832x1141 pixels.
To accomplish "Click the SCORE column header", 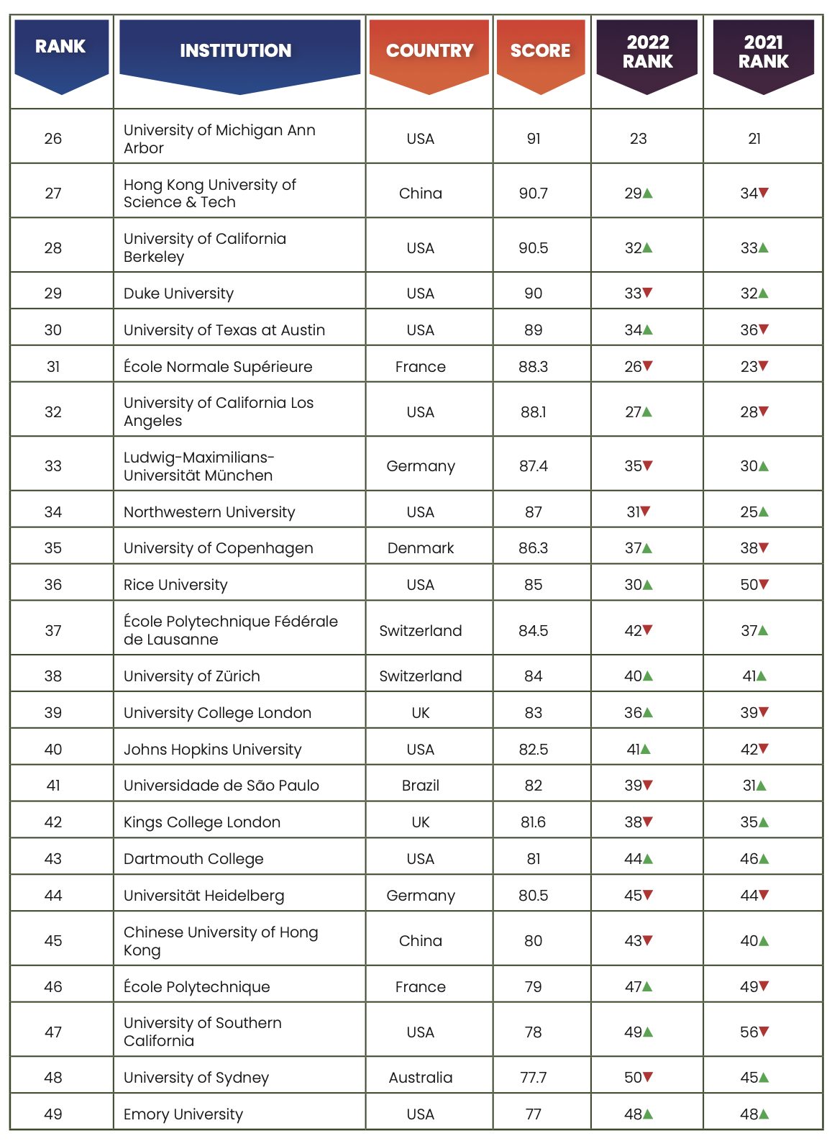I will (x=540, y=51).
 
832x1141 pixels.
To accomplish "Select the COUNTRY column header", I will (x=429, y=51).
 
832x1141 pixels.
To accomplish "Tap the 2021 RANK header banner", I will (x=763, y=52).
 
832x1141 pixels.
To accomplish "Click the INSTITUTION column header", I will (x=236, y=51).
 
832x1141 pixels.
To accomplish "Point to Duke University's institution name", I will (x=178, y=294).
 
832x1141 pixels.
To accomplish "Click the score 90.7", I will (x=533, y=194).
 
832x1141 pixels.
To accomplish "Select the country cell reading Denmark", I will (x=420, y=548).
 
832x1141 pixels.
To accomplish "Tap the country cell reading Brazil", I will (x=420, y=786).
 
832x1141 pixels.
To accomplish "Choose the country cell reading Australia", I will (x=420, y=1078).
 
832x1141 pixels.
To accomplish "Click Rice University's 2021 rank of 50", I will (x=749, y=585).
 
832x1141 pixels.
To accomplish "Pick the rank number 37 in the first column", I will (x=53, y=631).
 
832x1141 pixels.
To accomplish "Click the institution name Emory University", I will (x=183, y=1114).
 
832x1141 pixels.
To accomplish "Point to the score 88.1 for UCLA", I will (x=533, y=412).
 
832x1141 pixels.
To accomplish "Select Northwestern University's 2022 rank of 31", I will (x=633, y=512).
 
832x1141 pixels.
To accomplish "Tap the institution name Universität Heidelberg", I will (x=204, y=896).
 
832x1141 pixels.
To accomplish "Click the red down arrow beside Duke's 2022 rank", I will (x=648, y=293).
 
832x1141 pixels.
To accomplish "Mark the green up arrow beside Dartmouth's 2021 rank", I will (x=764, y=858).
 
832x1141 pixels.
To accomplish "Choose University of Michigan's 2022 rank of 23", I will (x=638, y=139).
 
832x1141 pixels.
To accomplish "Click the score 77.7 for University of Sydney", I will (x=533, y=1078).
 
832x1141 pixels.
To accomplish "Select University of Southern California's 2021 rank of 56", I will (x=749, y=1032).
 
